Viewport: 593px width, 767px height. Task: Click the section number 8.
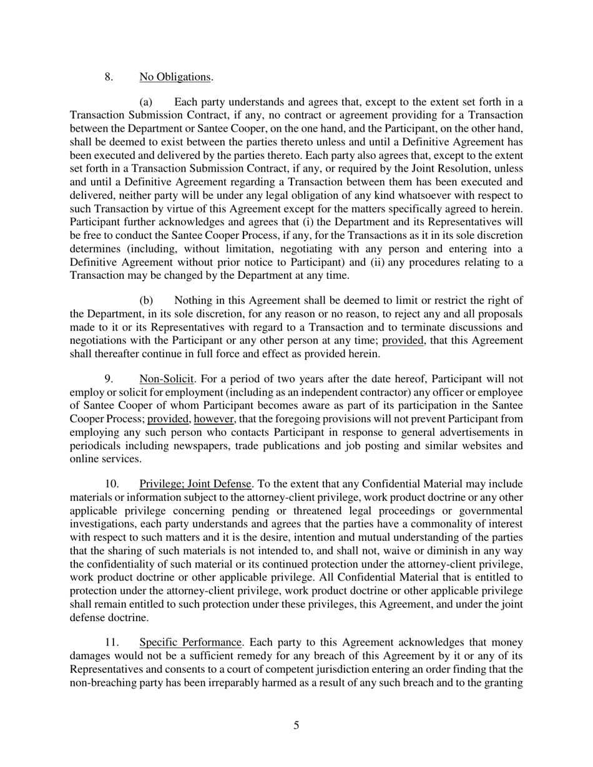(x=109, y=77)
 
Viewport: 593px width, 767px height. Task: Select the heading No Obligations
(x=175, y=77)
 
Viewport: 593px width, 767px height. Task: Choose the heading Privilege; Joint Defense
(x=195, y=484)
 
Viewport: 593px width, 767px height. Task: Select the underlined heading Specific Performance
(x=190, y=642)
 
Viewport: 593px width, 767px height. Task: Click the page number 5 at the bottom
(x=296, y=725)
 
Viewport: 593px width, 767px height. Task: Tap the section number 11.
(x=111, y=642)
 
